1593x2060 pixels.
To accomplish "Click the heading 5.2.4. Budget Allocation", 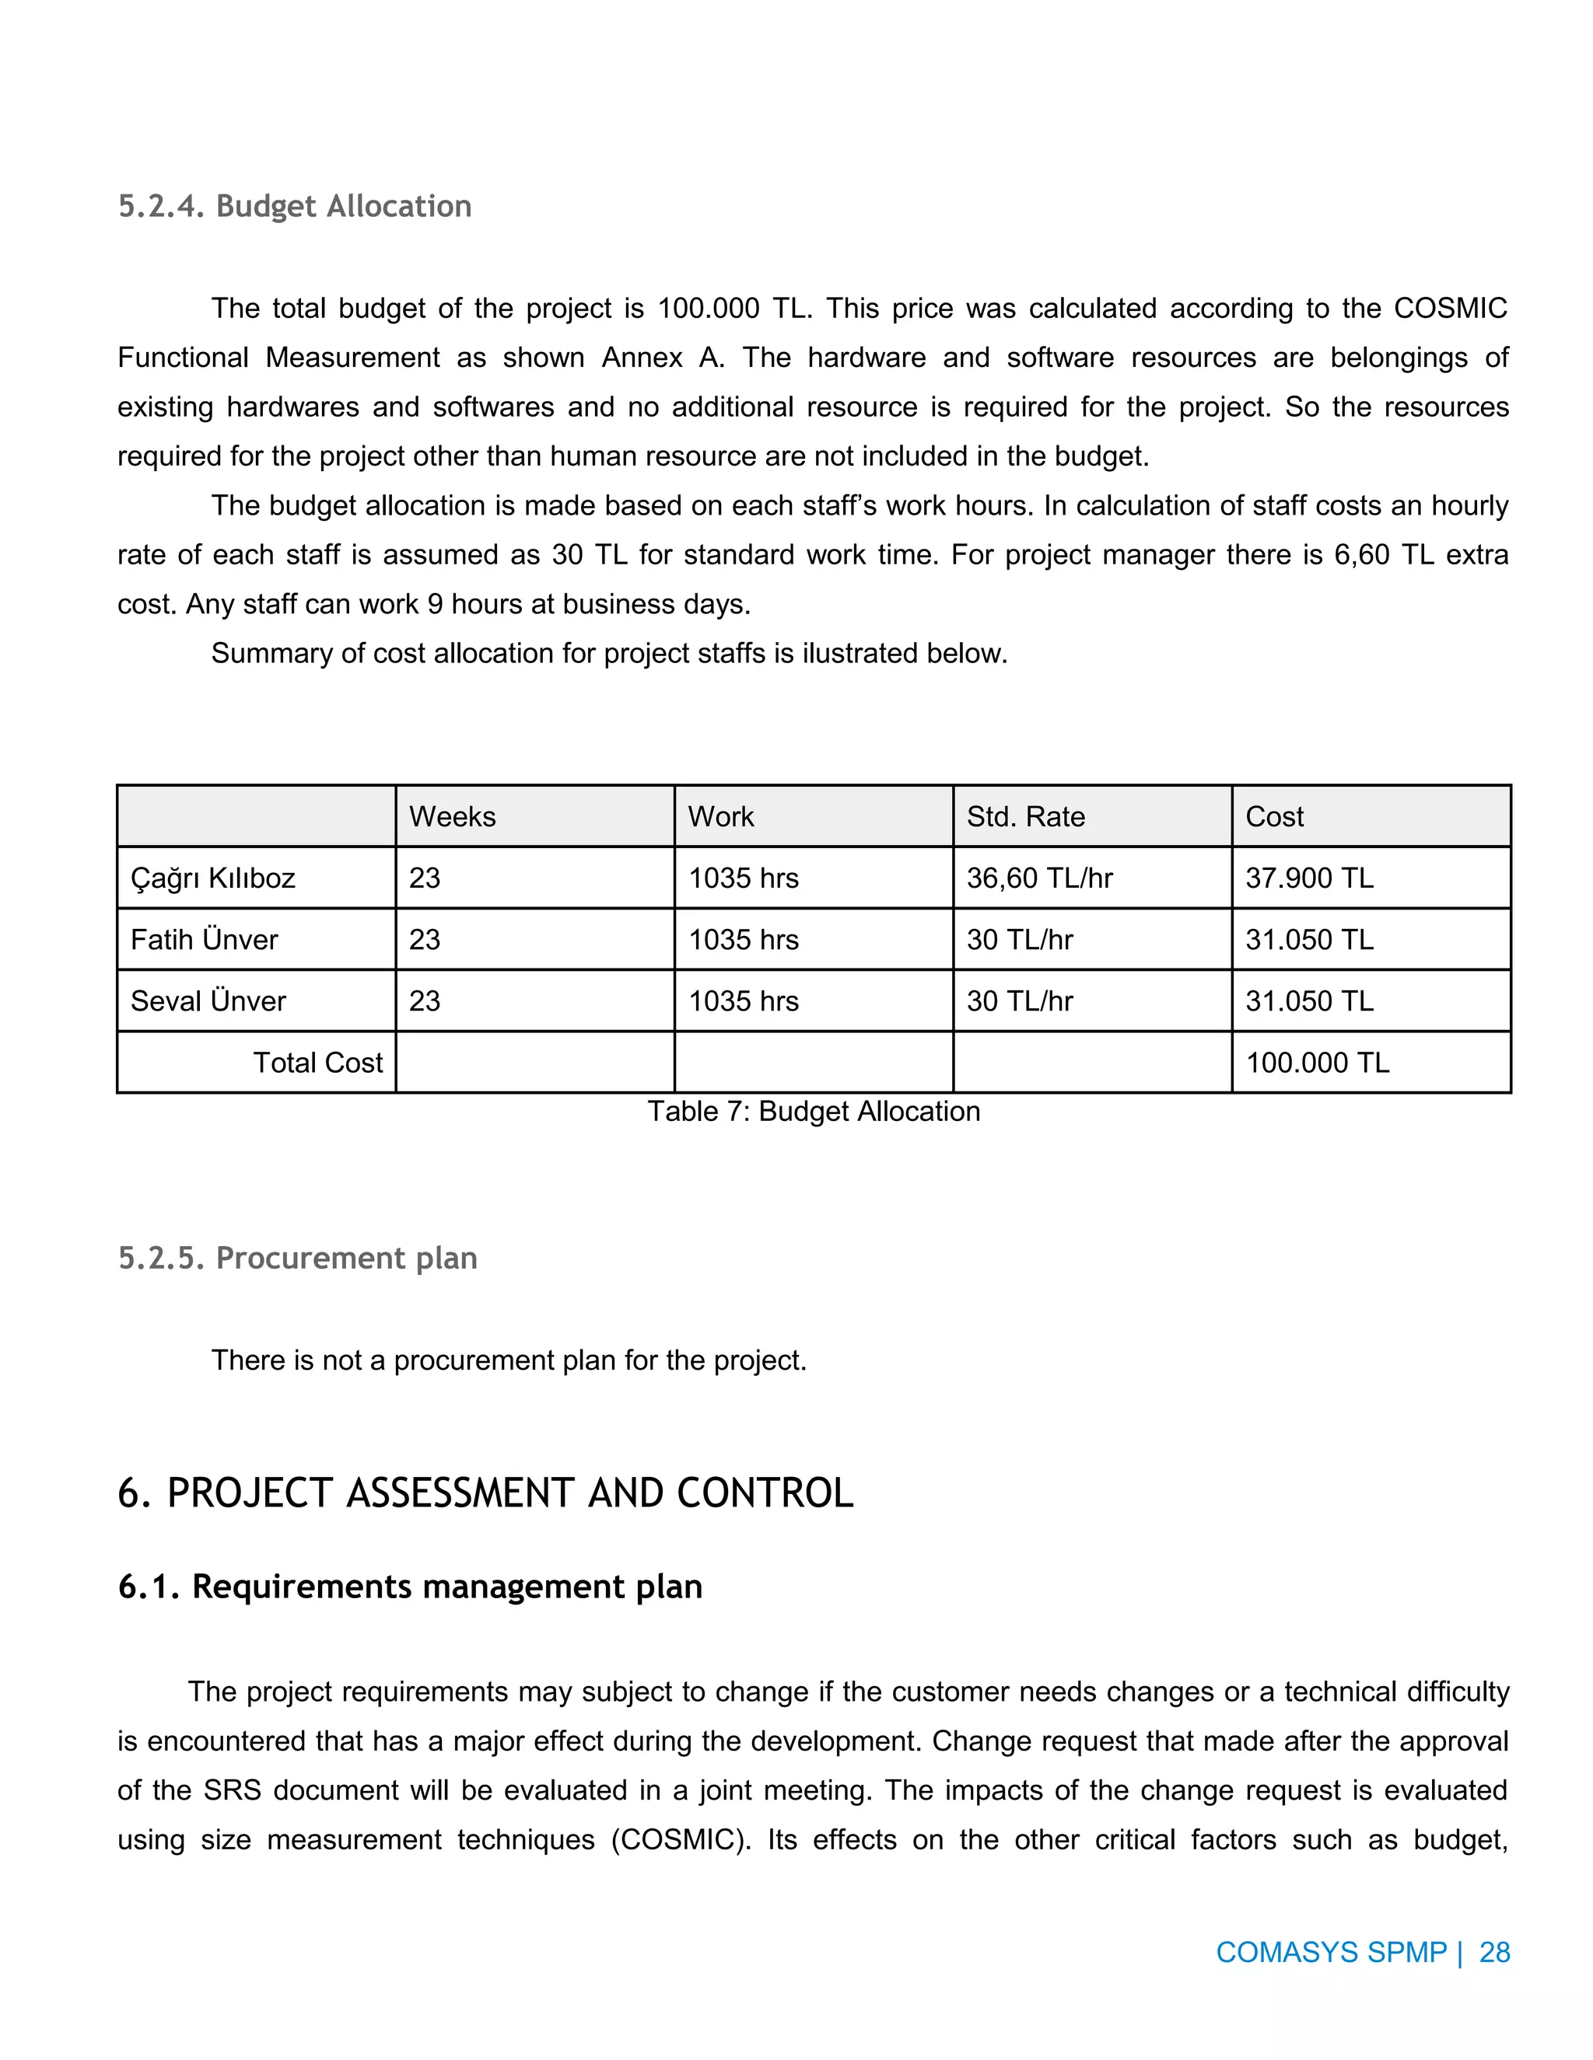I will (x=295, y=206).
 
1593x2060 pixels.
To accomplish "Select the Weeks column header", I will (x=452, y=816).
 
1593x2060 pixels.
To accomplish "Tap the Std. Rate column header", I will (x=1025, y=816).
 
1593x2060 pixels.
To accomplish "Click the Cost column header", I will (x=1274, y=816).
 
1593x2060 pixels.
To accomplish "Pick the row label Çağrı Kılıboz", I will (x=212, y=878).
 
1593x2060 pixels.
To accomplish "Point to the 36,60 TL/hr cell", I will (x=1039, y=878).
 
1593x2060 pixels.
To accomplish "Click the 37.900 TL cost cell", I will (x=1309, y=878).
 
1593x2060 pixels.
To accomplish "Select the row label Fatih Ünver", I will (x=204, y=940).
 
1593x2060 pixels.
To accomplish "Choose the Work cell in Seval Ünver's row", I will (x=743, y=1000).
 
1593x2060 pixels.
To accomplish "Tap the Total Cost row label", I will (x=317, y=1062).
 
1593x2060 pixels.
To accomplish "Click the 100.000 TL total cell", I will (x=1318, y=1062).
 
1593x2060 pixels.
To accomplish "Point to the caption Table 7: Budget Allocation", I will (x=814, y=1111).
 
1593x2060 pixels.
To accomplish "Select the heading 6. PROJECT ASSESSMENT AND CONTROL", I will (x=485, y=1493).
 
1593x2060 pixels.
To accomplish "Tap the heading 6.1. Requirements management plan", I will (x=410, y=1587).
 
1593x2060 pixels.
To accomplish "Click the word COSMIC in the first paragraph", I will (x=1450, y=309).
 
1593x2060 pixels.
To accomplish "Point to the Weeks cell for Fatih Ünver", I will (x=425, y=940).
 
